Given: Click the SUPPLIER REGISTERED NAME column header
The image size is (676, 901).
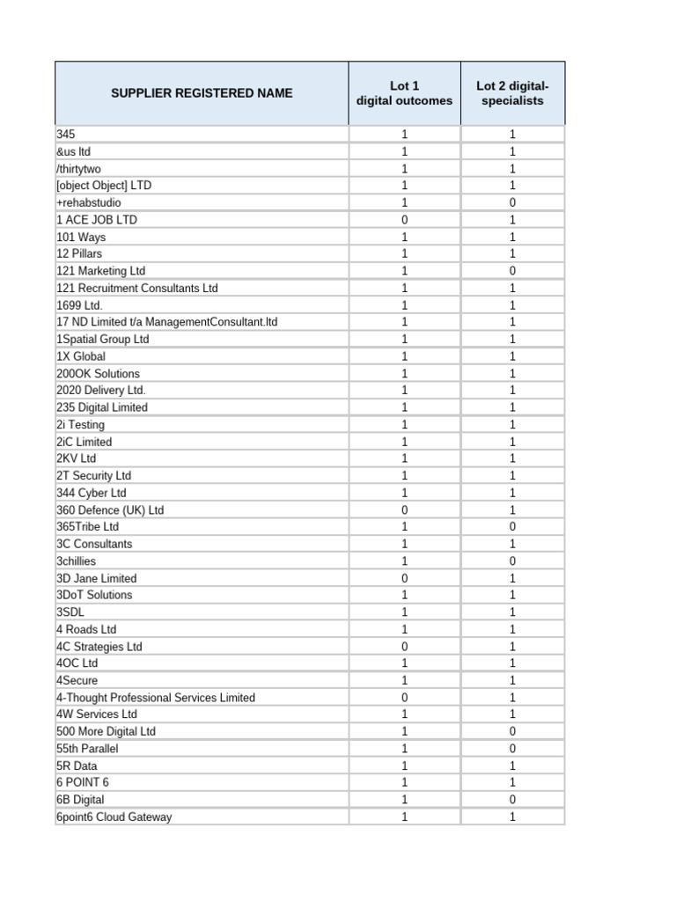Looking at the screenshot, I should coord(202,93).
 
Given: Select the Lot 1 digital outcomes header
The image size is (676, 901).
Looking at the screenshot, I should coord(404,93).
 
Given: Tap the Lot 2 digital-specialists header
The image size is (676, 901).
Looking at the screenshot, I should coord(512,93).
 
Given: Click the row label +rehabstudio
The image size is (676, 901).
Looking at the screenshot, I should coord(89,202).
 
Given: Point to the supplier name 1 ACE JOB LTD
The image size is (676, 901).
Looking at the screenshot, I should coord(97,220).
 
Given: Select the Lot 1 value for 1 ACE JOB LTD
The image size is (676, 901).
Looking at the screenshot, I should coord(404,220).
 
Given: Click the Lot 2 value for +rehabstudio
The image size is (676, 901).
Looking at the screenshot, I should coord(512,202).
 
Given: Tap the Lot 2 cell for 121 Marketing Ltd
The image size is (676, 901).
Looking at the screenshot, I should coord(512,271).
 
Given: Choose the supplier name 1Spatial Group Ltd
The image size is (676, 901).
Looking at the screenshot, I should coord(103,339).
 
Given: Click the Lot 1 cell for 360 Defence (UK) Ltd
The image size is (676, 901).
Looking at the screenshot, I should coord(404,509).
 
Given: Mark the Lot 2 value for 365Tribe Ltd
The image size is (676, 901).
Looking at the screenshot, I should coord(512,526).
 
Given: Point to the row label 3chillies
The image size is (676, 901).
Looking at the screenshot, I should coord(77,560).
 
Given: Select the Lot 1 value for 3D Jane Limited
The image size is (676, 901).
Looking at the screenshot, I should coord(404,578).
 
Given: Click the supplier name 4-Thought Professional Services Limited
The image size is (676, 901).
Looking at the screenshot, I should coord(156,697).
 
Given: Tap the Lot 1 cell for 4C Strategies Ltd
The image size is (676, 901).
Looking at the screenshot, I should coord(404,646).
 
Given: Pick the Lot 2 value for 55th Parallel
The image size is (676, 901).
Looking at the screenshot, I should coord(512,748).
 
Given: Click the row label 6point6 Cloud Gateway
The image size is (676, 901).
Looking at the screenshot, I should coord(114,817).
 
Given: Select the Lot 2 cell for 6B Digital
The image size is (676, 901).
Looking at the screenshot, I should coord(512,799).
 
